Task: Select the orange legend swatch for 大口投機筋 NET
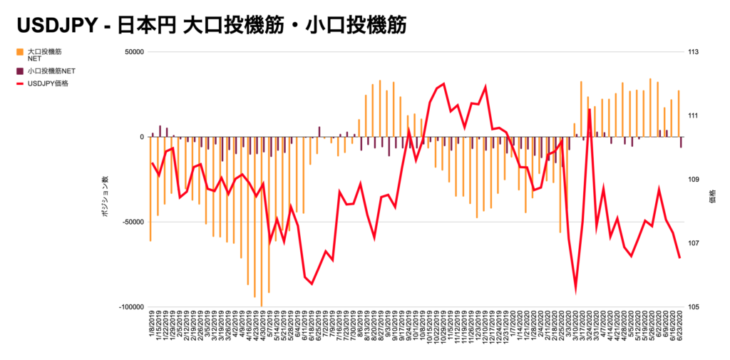coord(19,52)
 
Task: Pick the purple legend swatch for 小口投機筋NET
coord(19,71)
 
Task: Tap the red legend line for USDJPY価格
coord(19,84)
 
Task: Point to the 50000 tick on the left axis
coord(134,52)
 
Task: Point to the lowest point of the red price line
coord(575,291)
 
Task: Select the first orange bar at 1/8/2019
coord(150,189)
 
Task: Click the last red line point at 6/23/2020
coord(679,257)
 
